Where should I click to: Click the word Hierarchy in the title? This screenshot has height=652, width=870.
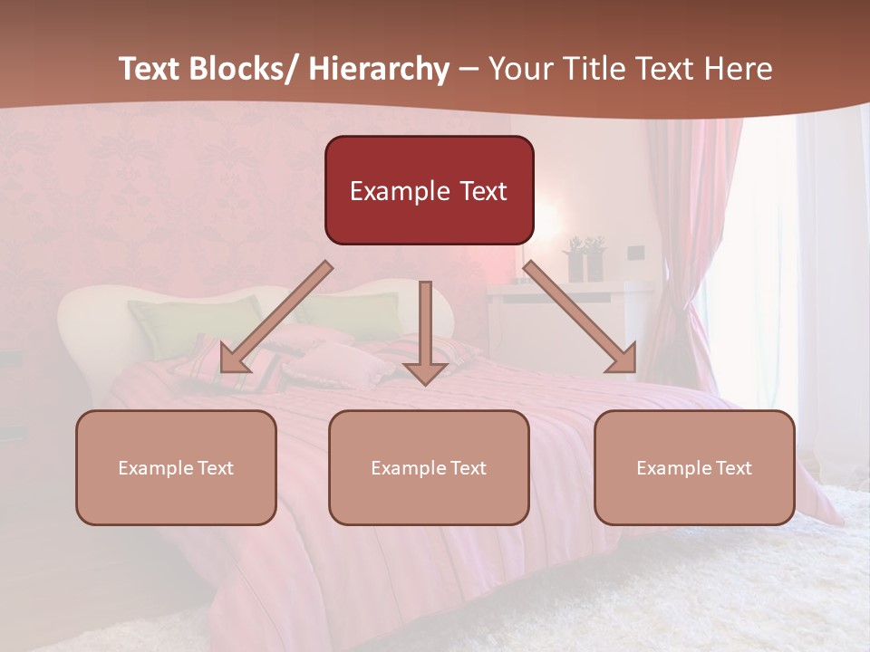pyautogui.click(x=378, y=69)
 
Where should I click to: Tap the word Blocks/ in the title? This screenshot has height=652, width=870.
pyautogui.click(x=244, y=69)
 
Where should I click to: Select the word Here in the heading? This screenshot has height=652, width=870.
pyautogui.click(x=739, y=69)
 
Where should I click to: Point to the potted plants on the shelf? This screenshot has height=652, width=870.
pyautogui.click(x=585, y=258)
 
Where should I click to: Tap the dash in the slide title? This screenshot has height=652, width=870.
pyautogui.click(x=469, y=69)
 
